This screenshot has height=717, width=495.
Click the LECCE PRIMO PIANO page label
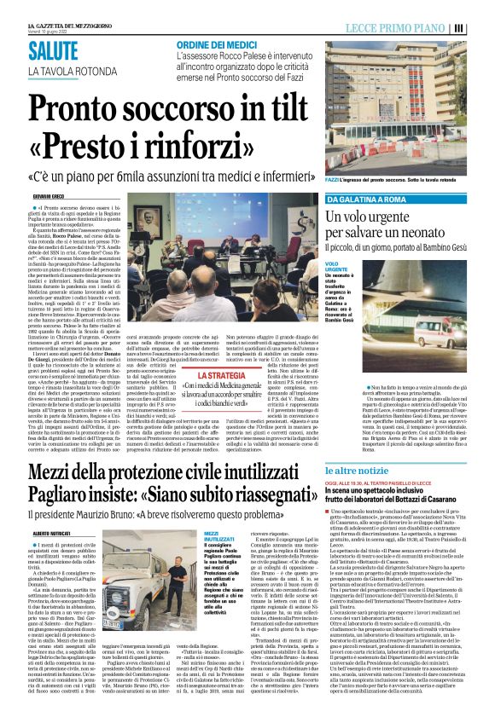pos(402,27)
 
